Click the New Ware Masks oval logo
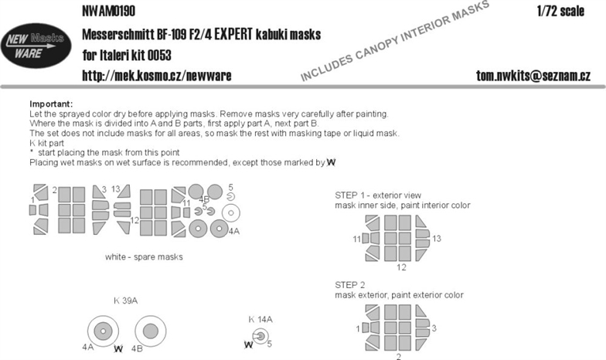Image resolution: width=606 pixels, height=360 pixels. [x=36, y=45]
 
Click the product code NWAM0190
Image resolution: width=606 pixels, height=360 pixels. [x=108, y=11]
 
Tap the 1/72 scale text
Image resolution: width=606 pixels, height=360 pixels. [x=560, y=11]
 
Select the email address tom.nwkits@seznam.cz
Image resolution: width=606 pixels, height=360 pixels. [x=533, y=76]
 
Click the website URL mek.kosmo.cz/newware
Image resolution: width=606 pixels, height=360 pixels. [x=156, y=76]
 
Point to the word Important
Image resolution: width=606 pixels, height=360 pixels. [x=51, y=104]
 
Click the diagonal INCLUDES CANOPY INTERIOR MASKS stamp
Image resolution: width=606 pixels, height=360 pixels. [x=394, y=41]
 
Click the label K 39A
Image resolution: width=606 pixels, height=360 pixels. [x=125, y=301]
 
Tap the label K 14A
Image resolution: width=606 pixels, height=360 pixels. [x=260, y=320]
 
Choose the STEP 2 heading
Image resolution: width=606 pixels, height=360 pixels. [x=350, y=285]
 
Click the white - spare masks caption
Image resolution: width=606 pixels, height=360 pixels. [x=144, y=256]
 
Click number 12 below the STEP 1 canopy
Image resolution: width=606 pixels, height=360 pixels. [x=401, y=267]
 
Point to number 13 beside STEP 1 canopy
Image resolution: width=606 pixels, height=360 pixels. [x=437, y=239]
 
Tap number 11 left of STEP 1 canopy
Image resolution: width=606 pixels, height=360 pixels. [x=357, y=239]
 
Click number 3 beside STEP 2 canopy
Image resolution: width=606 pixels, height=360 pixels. [x=434, y=328]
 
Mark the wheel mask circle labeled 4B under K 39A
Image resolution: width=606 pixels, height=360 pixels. [x=151, y=331]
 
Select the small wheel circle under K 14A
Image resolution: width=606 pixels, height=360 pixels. [x=260, y=337]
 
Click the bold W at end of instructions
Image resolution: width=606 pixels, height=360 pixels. [x=331, y=162]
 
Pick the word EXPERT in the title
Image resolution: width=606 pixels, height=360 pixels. [x=233, y=34]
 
